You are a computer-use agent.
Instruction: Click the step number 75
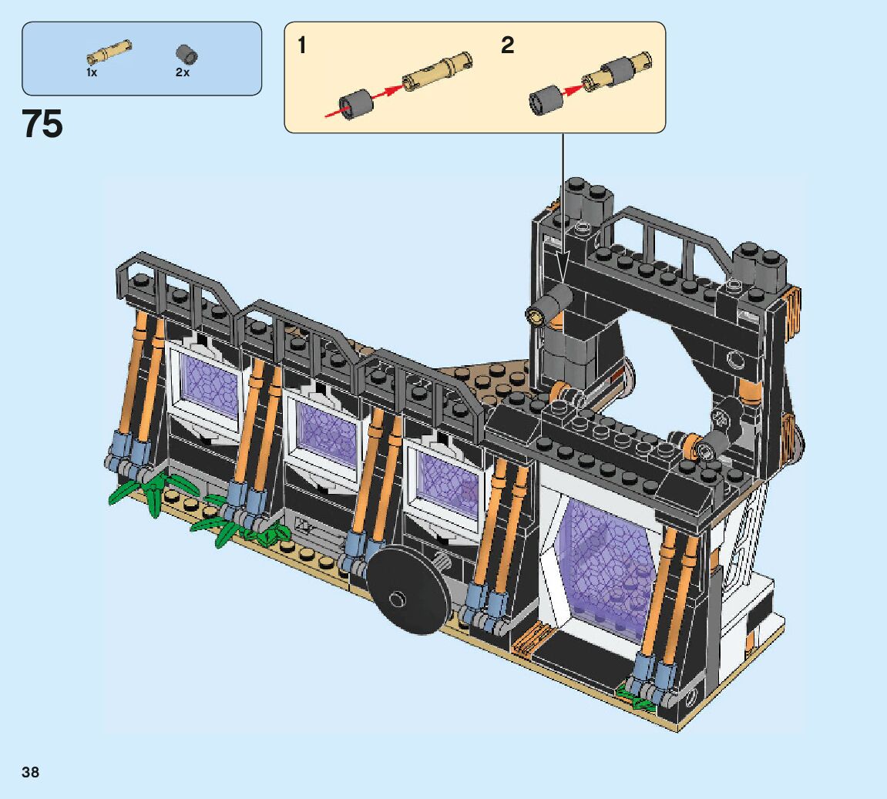point(42,124)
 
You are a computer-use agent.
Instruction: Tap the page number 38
point(31,772)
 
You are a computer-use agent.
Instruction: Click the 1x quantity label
point(92,72)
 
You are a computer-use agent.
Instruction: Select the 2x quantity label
point(182,72)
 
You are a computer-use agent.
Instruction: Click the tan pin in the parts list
point(109,52)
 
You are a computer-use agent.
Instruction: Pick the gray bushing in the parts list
point(186,54)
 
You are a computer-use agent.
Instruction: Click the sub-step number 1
point(302,45)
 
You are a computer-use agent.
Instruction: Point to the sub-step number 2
point(507,45)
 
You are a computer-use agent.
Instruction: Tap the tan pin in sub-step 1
point(437,71)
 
